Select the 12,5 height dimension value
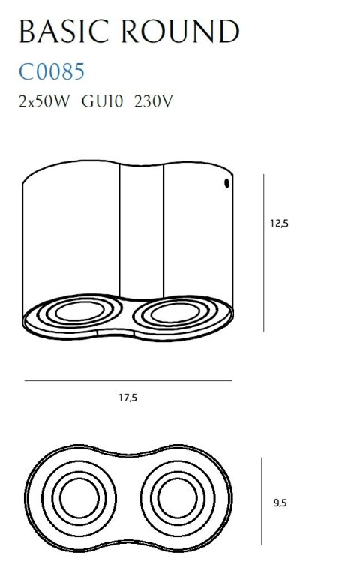pos(279,223)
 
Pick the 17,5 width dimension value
pos(127,398)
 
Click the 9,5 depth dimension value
pos(280,503)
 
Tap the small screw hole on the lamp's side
pos(225,183)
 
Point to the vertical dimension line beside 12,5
pos(263,252)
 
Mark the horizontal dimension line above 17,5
pos(127,381)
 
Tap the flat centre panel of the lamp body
pos(142,233)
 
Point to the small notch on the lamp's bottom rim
pos(99,329)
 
